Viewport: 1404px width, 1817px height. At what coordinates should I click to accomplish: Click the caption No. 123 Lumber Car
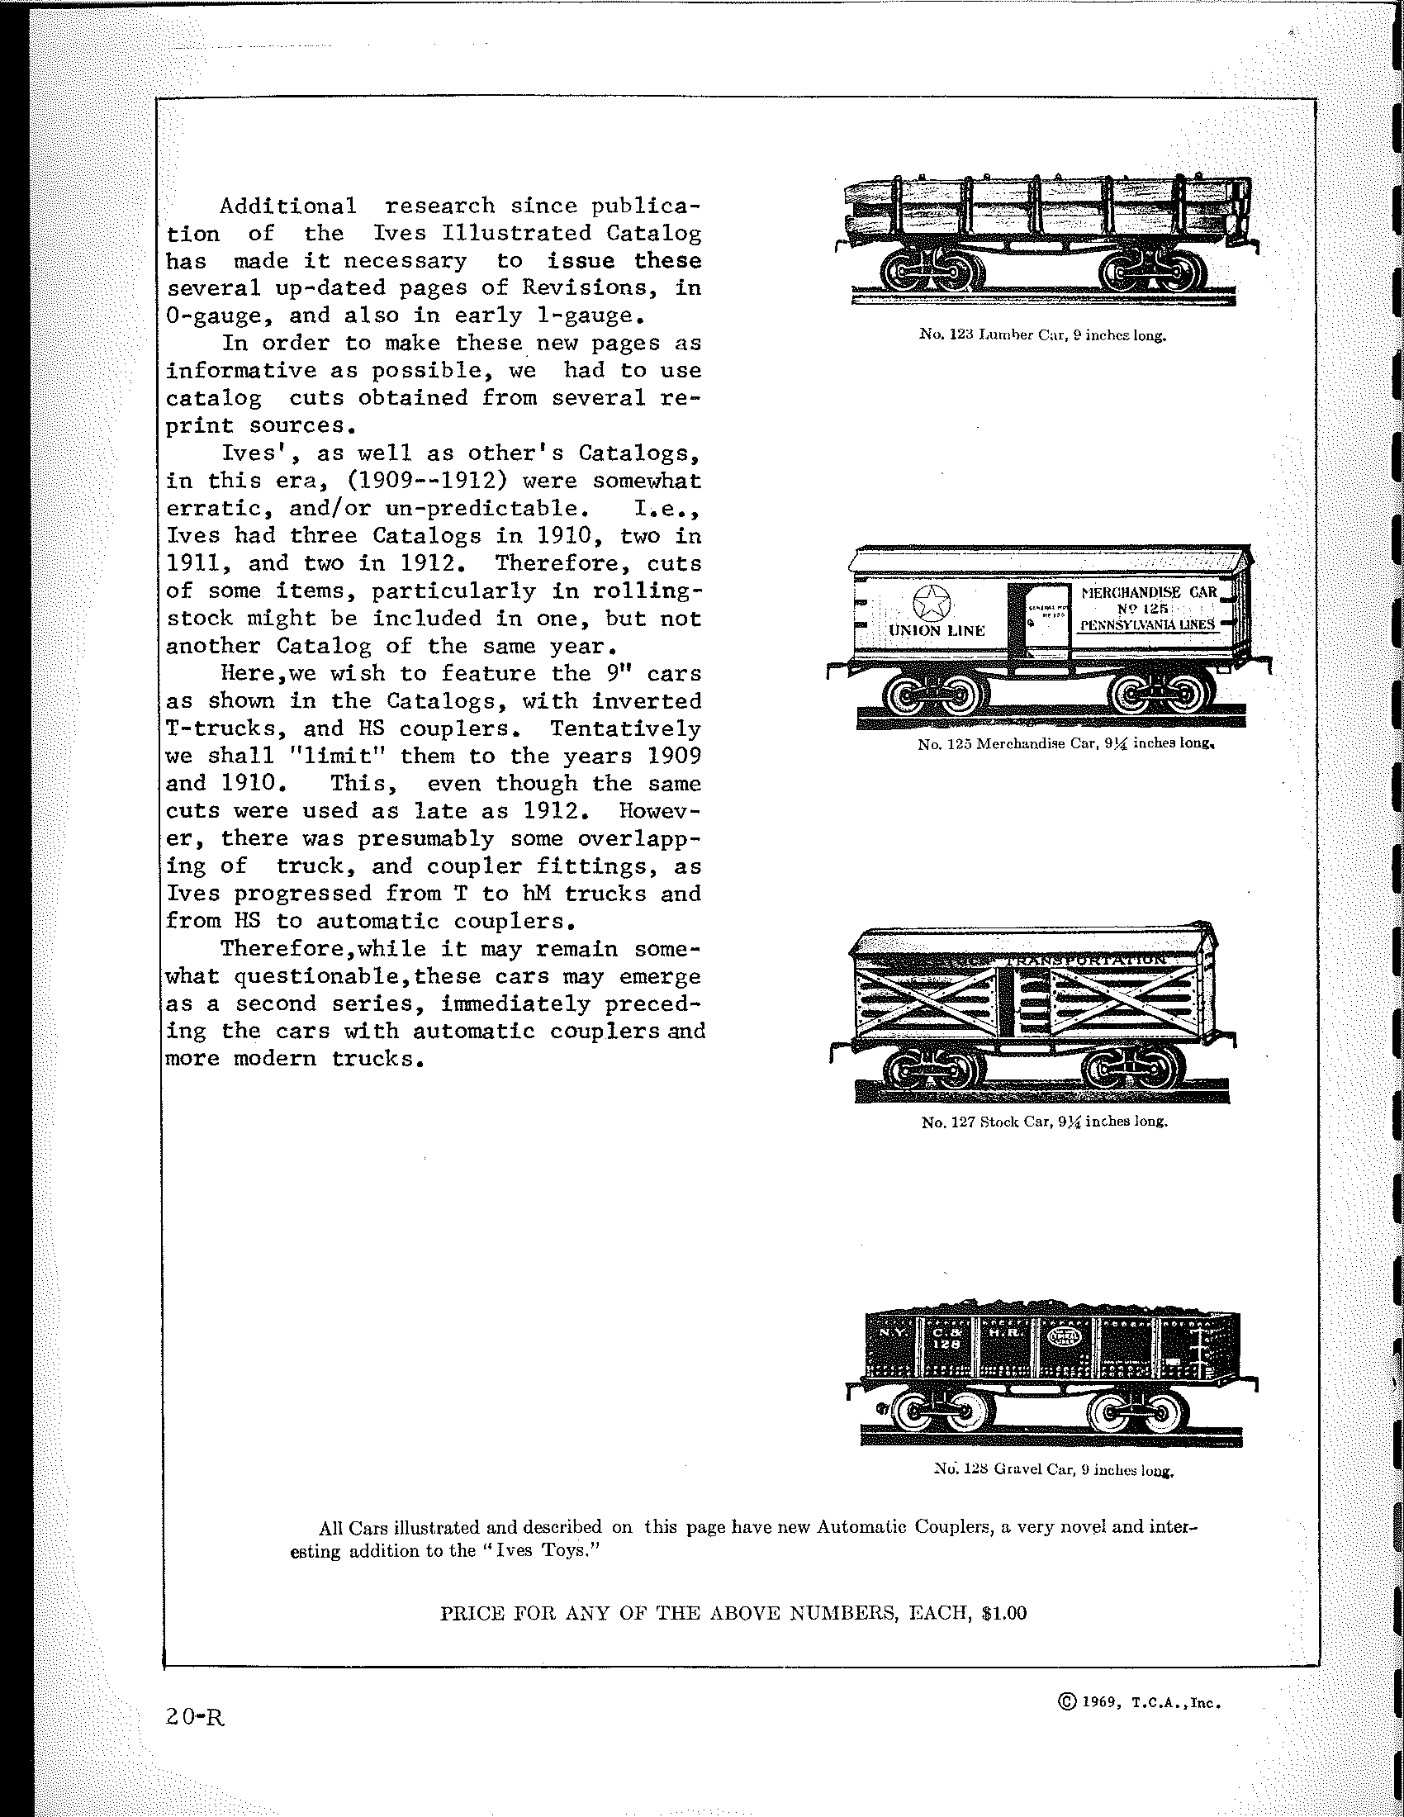pyautogui.click(x=1043, y=335)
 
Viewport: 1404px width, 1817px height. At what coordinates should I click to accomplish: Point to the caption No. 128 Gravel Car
pyautogui.click(x=1053, y=1470)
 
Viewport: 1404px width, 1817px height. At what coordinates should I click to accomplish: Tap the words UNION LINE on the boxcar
pyautogui.click(x=937, y=631)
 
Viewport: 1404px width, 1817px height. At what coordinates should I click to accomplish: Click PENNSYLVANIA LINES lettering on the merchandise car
pyautogui.click(x=1148, y=624)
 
